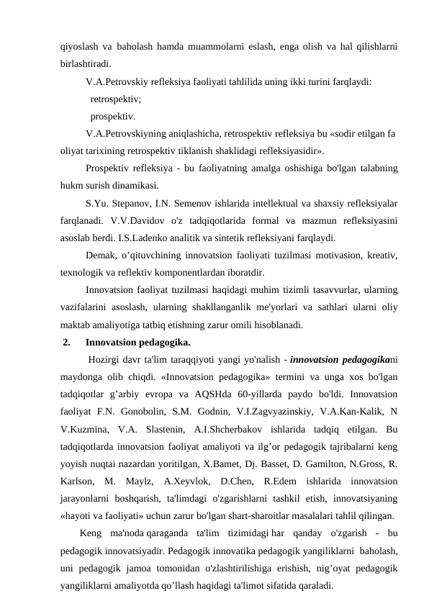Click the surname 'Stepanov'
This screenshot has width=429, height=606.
[130, 203]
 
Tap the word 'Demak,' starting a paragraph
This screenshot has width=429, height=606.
[101, 255]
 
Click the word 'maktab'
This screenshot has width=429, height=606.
[76, 325]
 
